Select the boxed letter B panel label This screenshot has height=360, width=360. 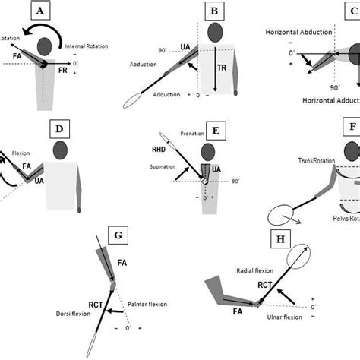click(216, 11)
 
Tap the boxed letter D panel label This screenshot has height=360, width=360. click(59, 128)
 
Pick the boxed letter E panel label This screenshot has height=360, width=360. click(216, 131)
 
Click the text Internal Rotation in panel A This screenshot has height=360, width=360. click(85, 46)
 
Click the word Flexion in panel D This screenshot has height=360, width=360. click(21, 153)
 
